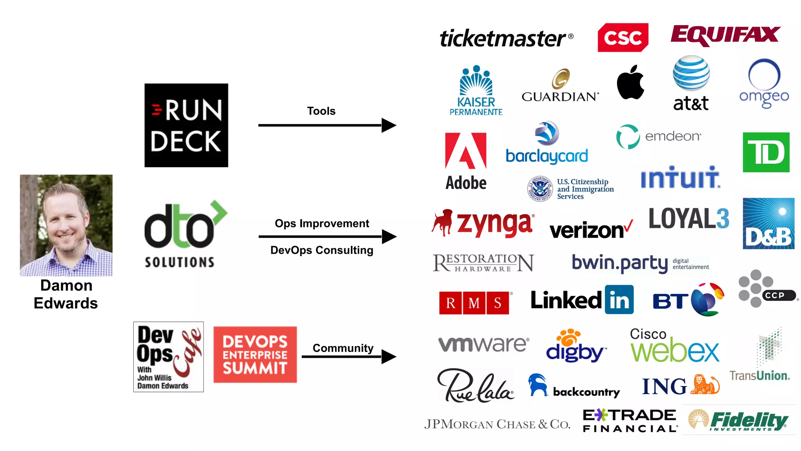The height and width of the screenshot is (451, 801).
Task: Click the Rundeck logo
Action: tap(186, 125)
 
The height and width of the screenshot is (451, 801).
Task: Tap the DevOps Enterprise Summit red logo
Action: tap(255, 355)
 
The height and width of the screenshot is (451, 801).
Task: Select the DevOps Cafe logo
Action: tap(168, 357)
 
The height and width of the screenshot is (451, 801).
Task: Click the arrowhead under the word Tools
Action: tap(388, 125)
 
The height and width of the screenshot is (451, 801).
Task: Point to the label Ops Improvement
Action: tap(321, 224)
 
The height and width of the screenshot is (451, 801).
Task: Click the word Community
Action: tap(343, 348)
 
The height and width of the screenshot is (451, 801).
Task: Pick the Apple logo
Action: tap(630, 83)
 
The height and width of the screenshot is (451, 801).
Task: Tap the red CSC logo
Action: tap(623, 38)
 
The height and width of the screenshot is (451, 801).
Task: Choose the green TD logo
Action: tap(766, 152)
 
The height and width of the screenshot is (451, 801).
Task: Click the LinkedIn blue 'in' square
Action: tap(619, 300)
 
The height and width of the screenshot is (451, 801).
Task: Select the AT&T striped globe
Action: tap(691, 73)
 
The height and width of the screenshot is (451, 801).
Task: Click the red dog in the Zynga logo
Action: tap(443, 222)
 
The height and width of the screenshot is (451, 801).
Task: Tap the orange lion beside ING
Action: tap(705, 384)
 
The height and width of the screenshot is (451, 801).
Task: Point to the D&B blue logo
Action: tap(768, 224)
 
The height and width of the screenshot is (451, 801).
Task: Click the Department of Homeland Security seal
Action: tap(540, 188)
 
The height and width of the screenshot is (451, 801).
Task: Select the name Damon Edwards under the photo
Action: tap(66, 294)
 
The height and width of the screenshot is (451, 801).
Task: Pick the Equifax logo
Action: tap(726, 35)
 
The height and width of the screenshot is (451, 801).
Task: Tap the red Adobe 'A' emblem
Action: tap(466, 151)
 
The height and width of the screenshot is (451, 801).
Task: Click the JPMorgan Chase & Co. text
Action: tap(497, 424)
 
